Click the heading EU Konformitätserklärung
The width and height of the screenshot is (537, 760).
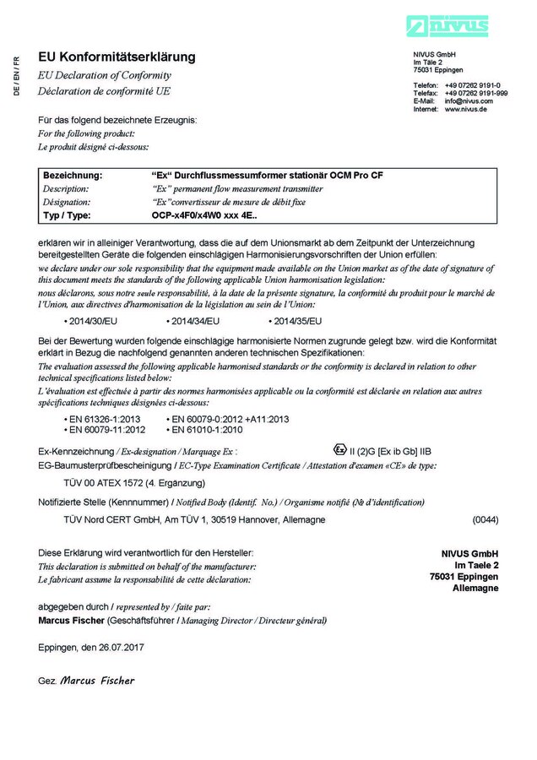[x=117, y=57]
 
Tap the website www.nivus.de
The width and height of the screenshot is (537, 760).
[x=465, y=109]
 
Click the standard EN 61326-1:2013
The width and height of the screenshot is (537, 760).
[x=105, y=419]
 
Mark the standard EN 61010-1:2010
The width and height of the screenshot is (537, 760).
[x=208, y=430]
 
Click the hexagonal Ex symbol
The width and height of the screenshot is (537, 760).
[x=339, y=449]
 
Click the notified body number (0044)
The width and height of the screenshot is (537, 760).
[x=485, y=520]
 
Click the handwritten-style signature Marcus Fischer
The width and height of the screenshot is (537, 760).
[x=97, y=681]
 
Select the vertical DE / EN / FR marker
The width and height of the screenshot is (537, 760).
[x=16, y=75]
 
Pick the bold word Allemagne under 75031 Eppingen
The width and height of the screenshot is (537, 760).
[x=475, y=589]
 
